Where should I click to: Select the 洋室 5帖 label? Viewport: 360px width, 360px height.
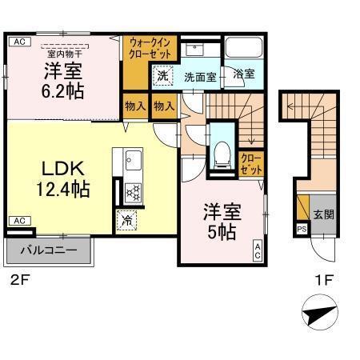pos(218,222)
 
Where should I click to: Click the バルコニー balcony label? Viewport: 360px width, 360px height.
pos(49,250)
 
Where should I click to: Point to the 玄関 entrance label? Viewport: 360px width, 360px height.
pos(323,214)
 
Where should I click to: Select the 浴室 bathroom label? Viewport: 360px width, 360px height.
pos(244,74)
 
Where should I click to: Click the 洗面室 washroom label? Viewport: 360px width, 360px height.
pos(200,78)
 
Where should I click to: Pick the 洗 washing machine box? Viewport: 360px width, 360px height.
pos(162,76)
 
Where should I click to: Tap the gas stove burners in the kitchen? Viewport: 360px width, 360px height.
pos(132,192)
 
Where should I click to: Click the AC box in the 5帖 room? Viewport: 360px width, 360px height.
pos(258,250)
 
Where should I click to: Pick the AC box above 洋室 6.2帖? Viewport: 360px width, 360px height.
pos(20,41)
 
